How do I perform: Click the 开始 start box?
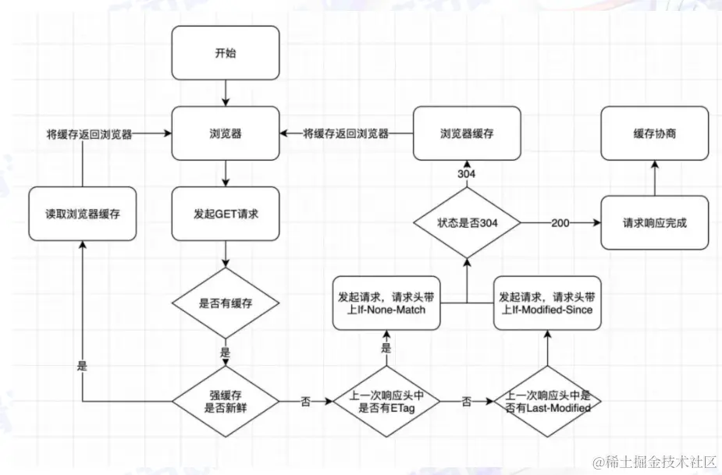(225, 53)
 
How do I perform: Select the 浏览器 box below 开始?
(225, 134)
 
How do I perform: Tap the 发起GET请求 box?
(225, 213)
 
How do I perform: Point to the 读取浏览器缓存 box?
(83, 214)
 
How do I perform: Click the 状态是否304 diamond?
(467, 223)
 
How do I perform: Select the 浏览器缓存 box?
(467, 134)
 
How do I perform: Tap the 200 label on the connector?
(560, 223)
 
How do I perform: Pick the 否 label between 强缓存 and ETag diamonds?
(305, 402)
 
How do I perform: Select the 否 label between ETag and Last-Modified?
(467, 402)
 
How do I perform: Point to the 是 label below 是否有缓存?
(225, 353)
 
